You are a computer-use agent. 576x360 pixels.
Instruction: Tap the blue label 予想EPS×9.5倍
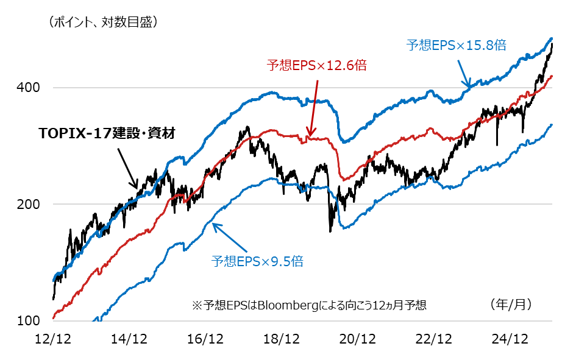click(257, 262)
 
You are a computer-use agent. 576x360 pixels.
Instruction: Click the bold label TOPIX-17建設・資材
click(107, 133)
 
